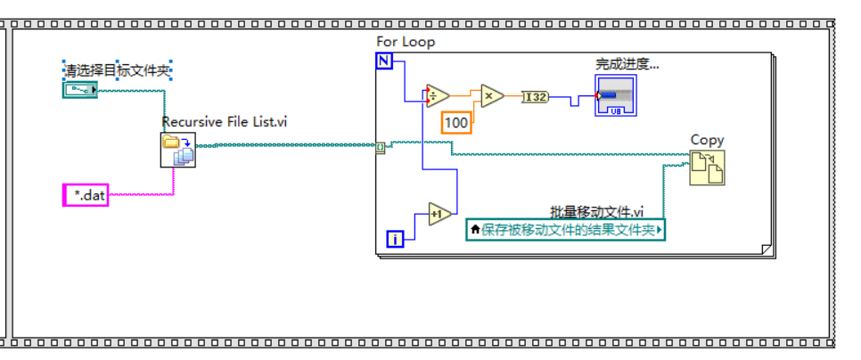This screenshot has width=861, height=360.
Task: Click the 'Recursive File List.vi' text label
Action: pos(224,122)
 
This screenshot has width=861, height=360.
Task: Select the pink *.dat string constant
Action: pos(86,195)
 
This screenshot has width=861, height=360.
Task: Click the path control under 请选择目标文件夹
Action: pos(80,89)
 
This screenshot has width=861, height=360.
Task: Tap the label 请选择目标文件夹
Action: pos(117,70)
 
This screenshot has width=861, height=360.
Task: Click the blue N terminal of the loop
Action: pos(384,61)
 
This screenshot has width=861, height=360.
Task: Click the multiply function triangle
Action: pos(491,95)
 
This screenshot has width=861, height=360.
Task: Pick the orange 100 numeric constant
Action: pos(456,122)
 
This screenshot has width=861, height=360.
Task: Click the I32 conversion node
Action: pos(536,96)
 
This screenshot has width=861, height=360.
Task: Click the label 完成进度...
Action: pos(627,64)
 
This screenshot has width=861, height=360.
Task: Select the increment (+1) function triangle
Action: pos(439,214)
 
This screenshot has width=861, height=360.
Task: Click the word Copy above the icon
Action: pos(708,140)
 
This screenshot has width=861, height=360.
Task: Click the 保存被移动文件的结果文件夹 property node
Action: pos(566,230)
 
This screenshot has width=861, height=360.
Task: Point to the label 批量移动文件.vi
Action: pos(596,211)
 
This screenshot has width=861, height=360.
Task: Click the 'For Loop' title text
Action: pos(406,42)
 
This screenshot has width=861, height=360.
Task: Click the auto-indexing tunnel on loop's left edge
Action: pos(381,147)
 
